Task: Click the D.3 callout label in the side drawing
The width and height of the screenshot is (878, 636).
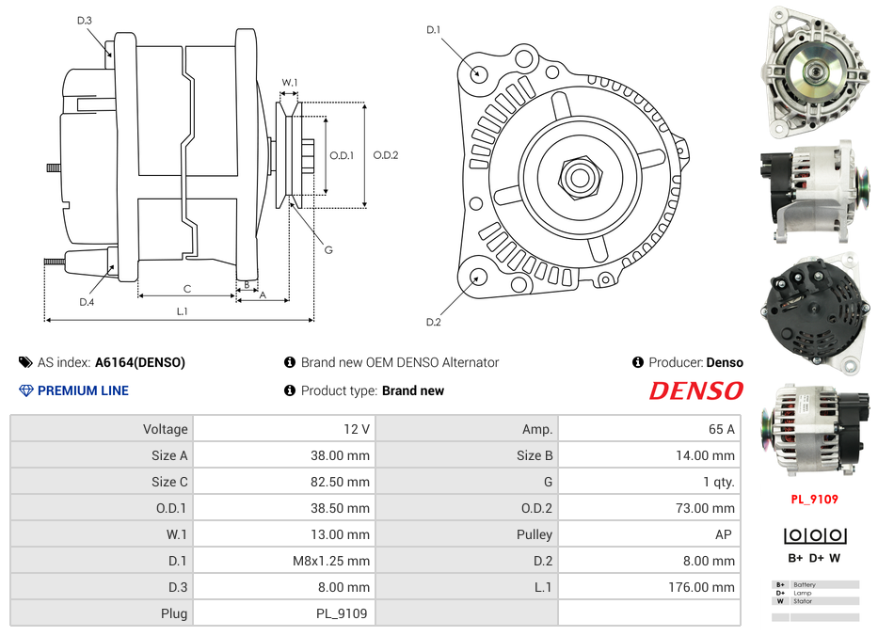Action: tap(84, 20)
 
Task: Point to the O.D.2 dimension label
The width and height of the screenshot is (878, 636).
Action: tap(386, 155)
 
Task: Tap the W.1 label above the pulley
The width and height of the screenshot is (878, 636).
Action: tap(290, 83)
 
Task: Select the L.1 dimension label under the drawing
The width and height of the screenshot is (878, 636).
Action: tap(183, 311)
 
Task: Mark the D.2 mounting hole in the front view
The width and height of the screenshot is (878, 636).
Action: tap(478, 277)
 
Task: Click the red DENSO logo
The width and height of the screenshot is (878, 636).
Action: tap(695, 390)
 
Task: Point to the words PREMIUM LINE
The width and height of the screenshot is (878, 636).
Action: tap(83, 390)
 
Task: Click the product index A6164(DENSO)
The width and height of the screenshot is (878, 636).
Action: tap(139, 362)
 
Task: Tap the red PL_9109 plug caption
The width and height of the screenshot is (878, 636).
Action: tap(814, 500)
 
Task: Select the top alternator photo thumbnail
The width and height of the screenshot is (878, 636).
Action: tap(815, 72)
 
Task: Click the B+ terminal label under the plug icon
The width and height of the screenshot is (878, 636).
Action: tap(795, 557)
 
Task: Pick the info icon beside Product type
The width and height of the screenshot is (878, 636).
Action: tap(290, 390)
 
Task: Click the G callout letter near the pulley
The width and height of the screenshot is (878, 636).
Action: tap(328, 249)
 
